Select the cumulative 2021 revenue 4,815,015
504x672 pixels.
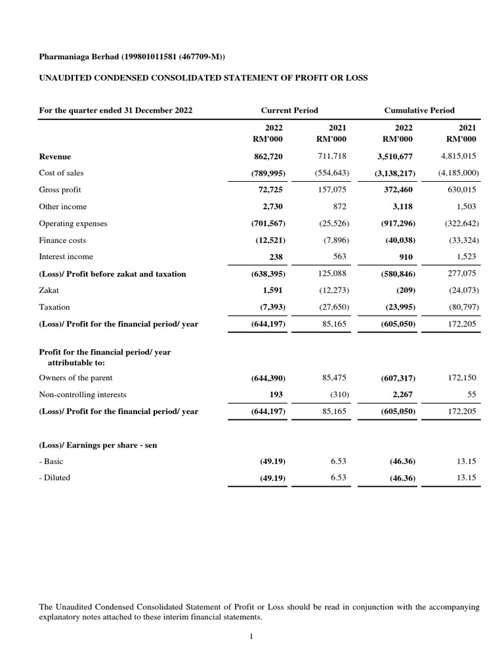click(458, 156)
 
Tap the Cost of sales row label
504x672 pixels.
click(61, 173)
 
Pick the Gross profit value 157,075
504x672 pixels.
click(333, 190)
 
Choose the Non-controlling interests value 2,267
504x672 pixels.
click(403, 395)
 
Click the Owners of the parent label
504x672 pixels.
click(75, 378)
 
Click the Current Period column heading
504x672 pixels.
click(289, 110)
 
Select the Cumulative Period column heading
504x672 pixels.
click(419, 110)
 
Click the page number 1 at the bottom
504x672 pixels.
click(251, 636)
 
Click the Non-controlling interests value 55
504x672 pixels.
click(472, 394)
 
